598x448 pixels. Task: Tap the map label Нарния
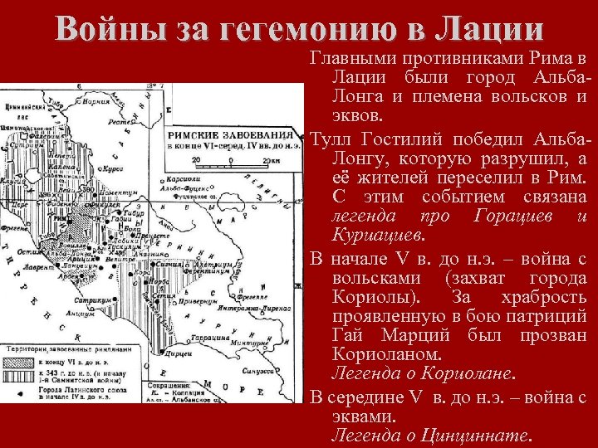click(97, 102)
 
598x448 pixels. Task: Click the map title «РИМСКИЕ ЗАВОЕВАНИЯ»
click(231, 134)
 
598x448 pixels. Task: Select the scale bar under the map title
click(233, 163)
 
